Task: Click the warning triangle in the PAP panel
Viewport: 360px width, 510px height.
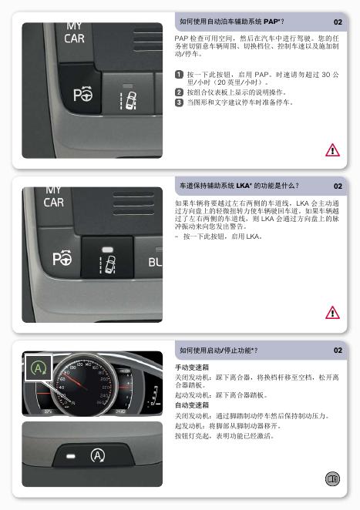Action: click(332, 150)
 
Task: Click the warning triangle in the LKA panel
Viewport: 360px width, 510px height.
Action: click(332, 313)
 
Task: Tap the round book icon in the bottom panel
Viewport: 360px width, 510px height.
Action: click(332, 478)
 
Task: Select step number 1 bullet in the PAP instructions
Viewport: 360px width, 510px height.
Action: click(179, 75)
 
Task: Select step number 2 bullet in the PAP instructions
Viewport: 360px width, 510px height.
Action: click(179, 92)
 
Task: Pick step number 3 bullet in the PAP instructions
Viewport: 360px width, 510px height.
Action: click(179, 102)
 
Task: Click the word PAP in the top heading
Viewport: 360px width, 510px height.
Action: click(271, 22)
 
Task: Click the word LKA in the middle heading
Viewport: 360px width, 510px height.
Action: click(243, 186)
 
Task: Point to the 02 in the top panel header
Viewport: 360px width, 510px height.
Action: click(338, 22)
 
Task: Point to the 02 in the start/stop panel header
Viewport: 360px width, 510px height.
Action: click(338, 351)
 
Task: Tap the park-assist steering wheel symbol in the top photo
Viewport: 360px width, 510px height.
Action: click(83, 95)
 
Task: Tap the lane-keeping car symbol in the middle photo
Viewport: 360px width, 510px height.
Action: click(107, 264)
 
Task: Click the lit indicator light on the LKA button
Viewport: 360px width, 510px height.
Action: click(107, 250)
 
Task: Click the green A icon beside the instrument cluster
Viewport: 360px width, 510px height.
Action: click(39, 368)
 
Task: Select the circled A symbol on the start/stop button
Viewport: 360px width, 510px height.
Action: click(98, 455)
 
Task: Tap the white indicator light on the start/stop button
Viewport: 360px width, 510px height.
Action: click(71, 456)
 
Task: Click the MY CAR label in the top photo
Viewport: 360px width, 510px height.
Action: click(75, 33)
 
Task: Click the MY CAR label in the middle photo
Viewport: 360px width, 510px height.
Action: click(54, 198)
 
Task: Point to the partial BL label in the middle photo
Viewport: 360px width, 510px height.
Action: click(155, 262)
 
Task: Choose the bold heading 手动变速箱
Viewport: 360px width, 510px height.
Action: click(192, 367)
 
